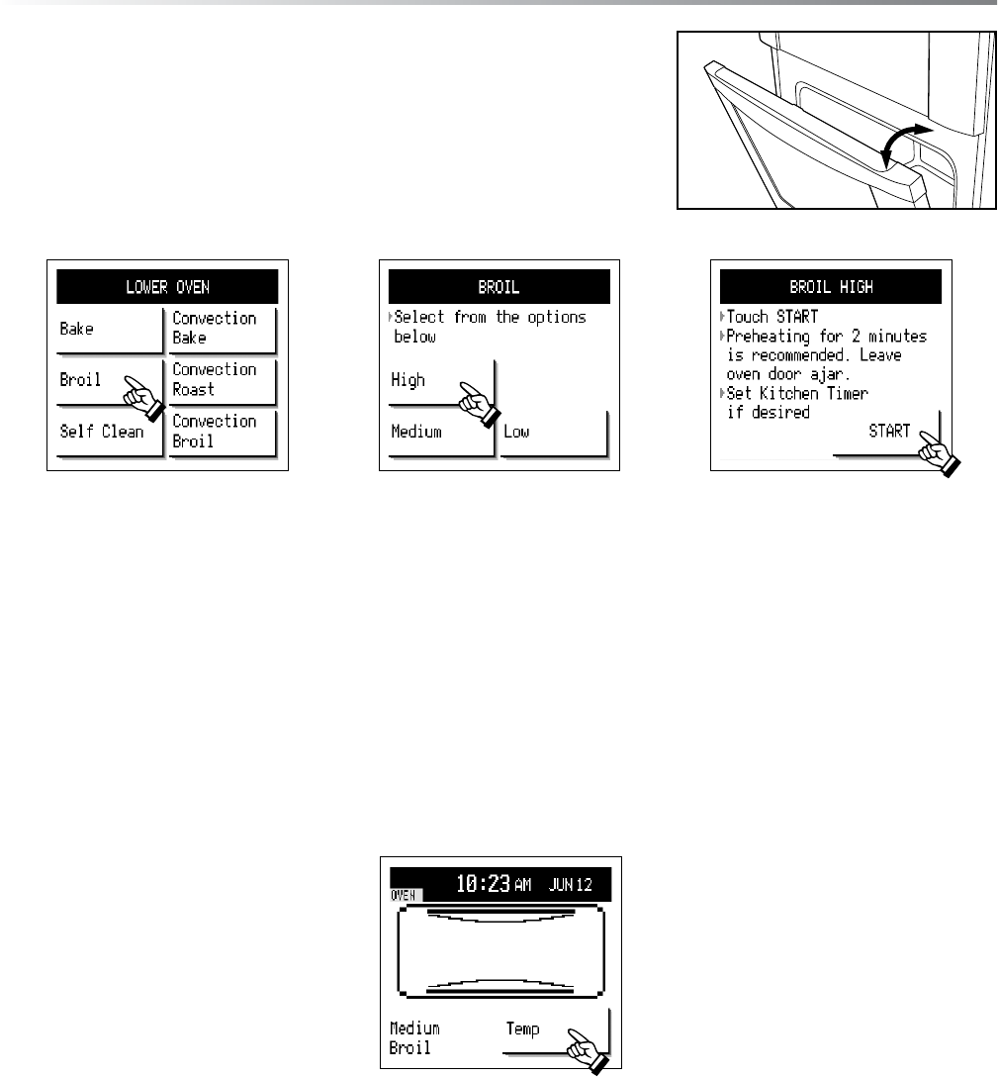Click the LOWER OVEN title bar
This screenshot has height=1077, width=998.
pyautogui.click(x=167, y=287)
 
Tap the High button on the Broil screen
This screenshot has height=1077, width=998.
pyautogui.click(x=440, y=382)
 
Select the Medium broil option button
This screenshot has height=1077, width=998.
pyautogui.click(x=440, y=434)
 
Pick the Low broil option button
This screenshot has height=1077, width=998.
pyautogui.click(x=553, y=434)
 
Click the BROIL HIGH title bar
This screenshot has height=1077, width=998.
pyautogui.click(x=830, y=287)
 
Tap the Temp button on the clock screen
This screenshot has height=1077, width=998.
pyautogui.click(x=555, y=1031)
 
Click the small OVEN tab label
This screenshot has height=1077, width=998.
pyautogui.click(x=403, y=895)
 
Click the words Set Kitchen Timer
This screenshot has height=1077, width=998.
pyautogui.click(x=798, y=394)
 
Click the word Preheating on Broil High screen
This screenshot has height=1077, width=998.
pyautogui.click(x=768, y=338)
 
